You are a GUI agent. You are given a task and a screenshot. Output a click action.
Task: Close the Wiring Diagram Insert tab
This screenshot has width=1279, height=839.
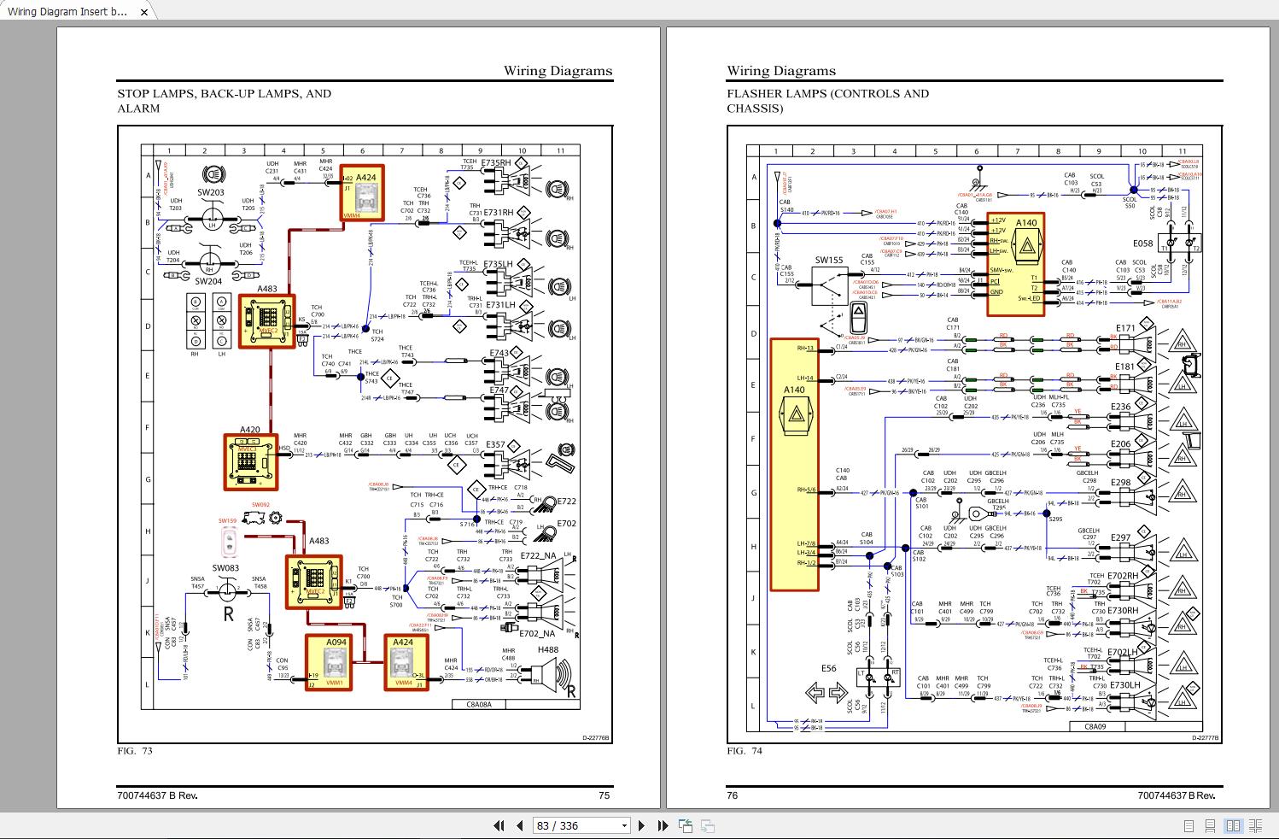click(x=144, y=12)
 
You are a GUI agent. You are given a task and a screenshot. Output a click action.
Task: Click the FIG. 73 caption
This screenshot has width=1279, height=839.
click(x=135, y=751)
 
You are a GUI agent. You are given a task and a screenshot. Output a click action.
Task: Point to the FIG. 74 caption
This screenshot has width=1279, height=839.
click(x=745, y=751)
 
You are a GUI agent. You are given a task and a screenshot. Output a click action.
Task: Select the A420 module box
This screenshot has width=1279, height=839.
click(x=251, y=462)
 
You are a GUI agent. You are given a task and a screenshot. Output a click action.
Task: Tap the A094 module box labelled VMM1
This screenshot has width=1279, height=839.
click(x=328, y=663)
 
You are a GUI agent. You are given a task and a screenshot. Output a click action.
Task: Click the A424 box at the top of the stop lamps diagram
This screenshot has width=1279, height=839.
click(x=362, y=193)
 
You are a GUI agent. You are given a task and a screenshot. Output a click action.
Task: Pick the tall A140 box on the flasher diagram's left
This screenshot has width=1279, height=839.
click(x=794, y=465)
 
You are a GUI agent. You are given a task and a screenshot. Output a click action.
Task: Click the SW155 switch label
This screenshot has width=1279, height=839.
click(x=828, y=261)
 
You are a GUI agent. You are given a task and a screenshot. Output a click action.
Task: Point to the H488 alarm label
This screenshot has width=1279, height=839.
click(x=547, y=650)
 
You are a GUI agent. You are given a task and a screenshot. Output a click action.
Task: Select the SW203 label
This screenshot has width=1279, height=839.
click(x=211, y=193)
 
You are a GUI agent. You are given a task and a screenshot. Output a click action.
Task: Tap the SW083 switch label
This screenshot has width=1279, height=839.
click(x=225, y=568)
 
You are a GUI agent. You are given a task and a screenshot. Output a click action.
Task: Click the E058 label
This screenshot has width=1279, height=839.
click(x=1142, y=243)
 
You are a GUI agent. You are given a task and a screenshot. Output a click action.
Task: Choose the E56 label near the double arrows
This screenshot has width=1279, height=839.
click(x=828, y=668)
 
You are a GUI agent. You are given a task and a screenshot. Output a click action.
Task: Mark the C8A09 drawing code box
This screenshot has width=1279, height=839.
click(x=1095, y=726)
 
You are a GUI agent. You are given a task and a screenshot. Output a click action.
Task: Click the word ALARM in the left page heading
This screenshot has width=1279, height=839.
click(x=138, y=109)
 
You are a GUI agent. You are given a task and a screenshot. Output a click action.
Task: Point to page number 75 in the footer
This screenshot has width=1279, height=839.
click(x=604, y=795)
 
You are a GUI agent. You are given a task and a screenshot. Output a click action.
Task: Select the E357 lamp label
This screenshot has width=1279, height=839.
click(x=495, y=445)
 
